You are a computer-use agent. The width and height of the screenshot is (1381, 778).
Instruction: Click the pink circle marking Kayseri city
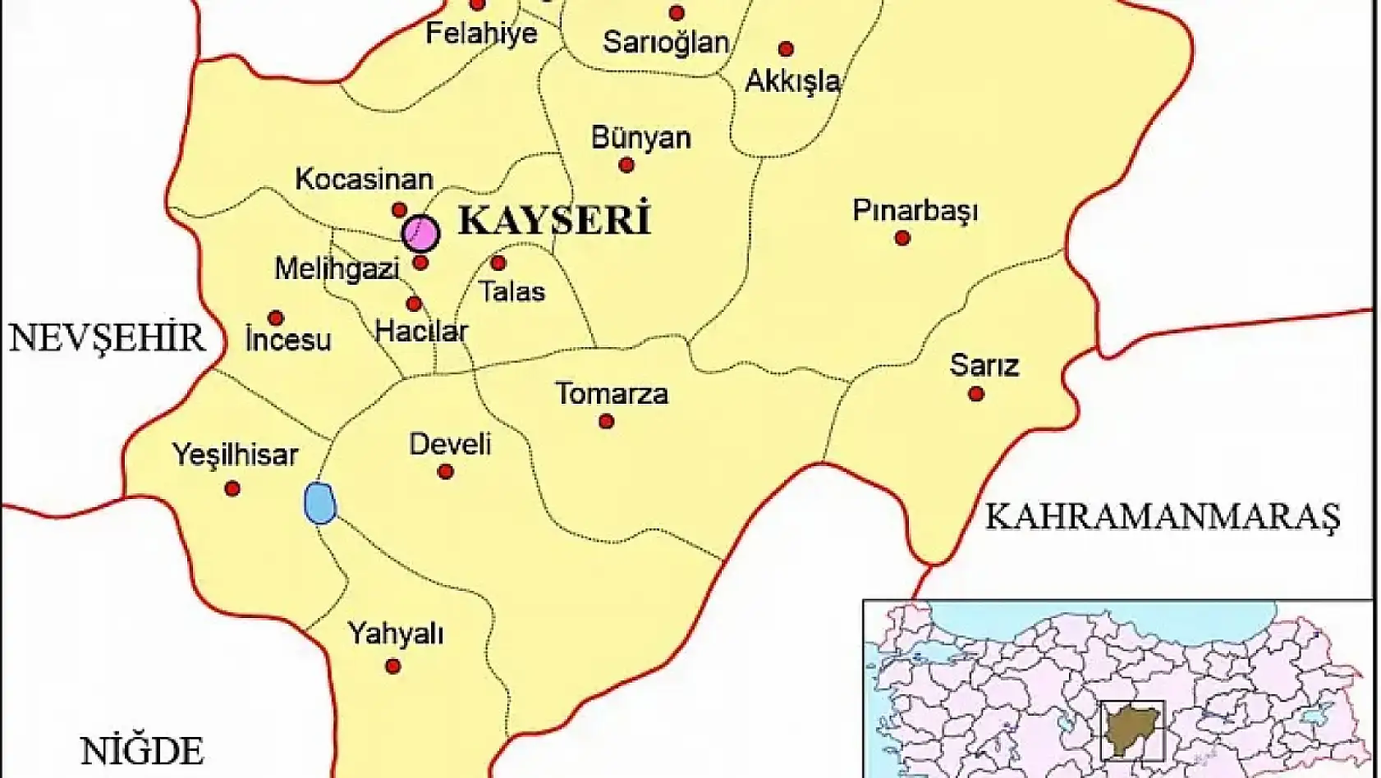[420, 233]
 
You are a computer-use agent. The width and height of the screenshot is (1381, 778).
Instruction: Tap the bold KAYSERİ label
[554, 221]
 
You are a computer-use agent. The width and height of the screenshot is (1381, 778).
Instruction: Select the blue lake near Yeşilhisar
[319, 503]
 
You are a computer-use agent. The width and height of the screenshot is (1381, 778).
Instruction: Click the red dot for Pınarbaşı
[902, 238]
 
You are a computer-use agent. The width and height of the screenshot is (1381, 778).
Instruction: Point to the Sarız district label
[984, 365]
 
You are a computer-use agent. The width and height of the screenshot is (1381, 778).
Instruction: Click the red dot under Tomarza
[606, 422]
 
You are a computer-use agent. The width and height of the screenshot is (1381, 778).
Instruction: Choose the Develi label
[450, 445]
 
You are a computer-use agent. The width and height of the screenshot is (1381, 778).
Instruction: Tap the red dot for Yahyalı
[393, 666]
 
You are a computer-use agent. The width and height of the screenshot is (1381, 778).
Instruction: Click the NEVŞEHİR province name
[107, 338]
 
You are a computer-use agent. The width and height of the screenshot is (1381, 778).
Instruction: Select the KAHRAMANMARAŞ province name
[1162, 517]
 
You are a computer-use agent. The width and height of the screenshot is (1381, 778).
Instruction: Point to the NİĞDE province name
[142, 751]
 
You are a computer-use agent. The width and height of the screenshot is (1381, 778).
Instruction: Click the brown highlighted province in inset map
[1131, 730]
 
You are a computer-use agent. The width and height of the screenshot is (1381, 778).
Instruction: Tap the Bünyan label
[640, 138]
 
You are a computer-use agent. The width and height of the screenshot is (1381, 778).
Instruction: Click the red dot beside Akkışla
[786, 49]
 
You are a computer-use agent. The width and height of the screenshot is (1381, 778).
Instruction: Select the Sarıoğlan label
[666, 43]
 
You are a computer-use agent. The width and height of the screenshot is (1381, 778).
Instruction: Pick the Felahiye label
[481, 34]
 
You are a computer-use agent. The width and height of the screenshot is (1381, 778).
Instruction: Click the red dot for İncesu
[276, 318]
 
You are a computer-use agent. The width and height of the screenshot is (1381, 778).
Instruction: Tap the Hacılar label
[421, 332]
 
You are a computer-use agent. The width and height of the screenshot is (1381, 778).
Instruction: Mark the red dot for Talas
[498, 263]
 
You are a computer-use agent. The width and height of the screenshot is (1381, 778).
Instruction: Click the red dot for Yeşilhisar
[232, 489]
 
